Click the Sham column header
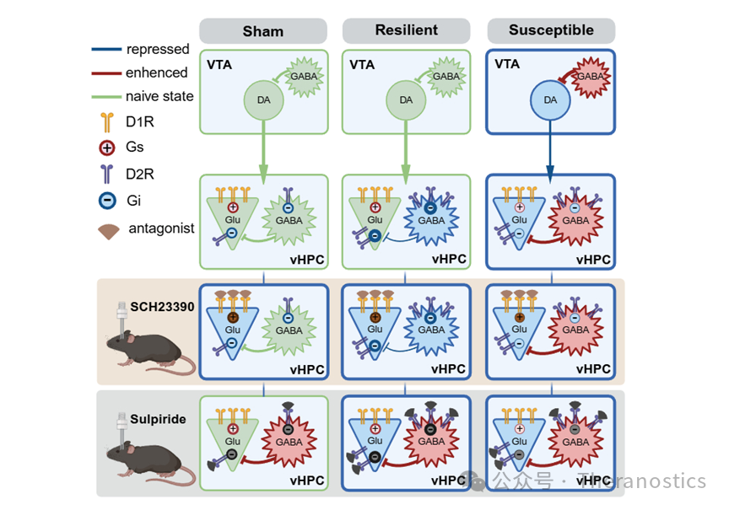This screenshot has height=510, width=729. (x=263, y=31)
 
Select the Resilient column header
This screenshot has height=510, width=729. (x=406, y=30)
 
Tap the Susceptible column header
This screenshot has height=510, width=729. (x=551, y=30)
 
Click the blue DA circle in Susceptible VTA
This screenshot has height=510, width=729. (x=551, y=99)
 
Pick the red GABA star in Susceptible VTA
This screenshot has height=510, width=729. (x=591, y=76)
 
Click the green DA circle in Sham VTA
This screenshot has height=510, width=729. (x=262, y=99)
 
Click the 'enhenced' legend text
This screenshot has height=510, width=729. (x=156, y=72)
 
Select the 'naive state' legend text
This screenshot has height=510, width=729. (x=159, y=96)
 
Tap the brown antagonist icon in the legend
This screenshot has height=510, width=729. (x=108, y=228)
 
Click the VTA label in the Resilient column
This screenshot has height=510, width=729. (x=360, y=64)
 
